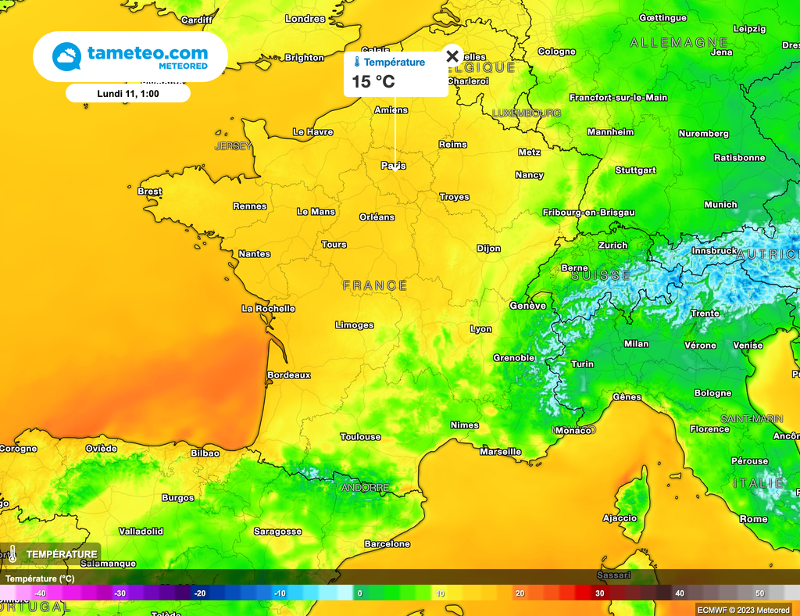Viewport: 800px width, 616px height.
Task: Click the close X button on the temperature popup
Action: [452, 56]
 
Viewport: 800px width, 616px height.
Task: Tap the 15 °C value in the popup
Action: [373, 81]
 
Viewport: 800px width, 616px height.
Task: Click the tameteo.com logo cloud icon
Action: [66, 57]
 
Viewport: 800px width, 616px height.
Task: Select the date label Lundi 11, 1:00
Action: [127, 93]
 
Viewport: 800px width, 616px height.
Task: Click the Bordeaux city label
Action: [288, 375]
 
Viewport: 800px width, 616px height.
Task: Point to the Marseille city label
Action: [500, 452]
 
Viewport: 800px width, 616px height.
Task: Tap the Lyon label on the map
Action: [480, 329]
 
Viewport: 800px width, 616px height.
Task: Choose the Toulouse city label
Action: [360, 437]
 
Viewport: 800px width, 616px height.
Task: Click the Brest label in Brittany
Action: [149, 192]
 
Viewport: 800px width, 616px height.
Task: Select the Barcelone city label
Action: [387, 544]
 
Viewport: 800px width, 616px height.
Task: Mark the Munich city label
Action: [720, 205]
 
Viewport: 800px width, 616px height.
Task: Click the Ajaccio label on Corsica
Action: [620, 518]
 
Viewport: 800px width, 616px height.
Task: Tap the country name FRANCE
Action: [375, 286]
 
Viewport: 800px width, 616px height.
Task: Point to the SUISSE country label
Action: [601, 276]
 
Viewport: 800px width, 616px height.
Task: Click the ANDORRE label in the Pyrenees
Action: [365, 488]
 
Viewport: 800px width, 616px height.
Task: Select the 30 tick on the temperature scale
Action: [599, 593]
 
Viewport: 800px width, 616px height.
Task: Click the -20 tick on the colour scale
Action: [200, 593]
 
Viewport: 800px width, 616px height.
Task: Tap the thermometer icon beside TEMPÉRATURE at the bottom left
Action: [12, 554]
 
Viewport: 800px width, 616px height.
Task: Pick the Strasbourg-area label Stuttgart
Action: [635, 170]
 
